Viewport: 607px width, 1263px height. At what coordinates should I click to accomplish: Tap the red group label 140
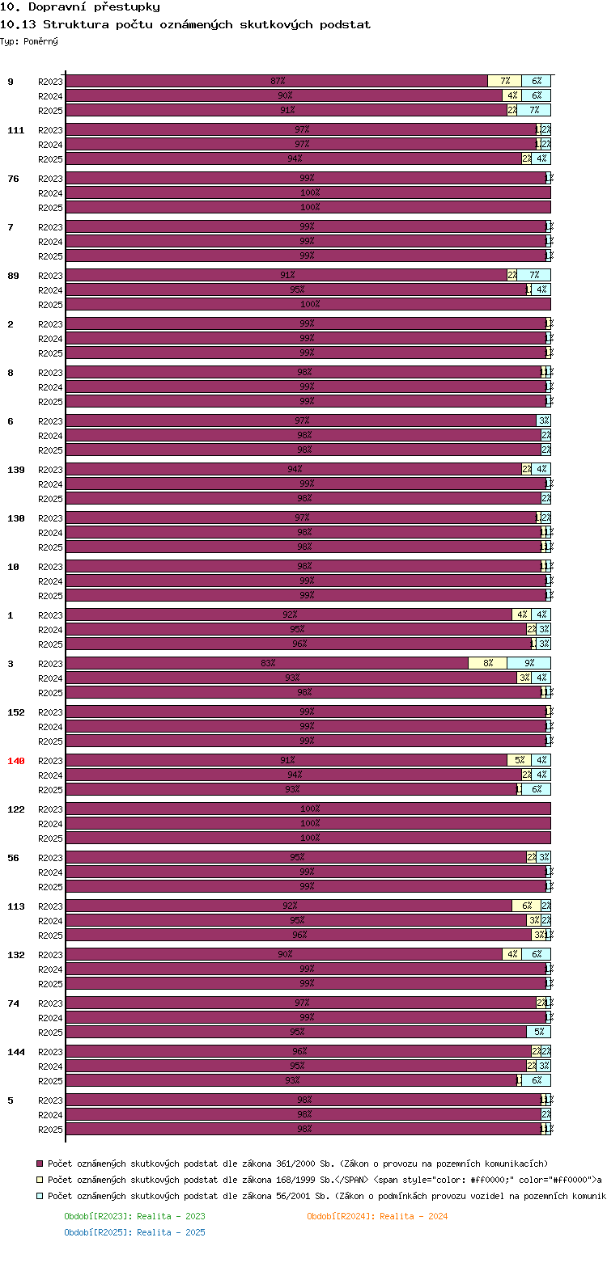(16, 761)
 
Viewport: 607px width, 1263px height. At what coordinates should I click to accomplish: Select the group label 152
(16, 712)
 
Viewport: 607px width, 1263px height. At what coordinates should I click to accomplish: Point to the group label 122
(16, 809)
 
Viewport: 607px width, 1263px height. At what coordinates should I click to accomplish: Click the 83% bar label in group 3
(268, 664)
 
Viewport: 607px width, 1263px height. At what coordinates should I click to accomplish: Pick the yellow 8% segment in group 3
(488, 664)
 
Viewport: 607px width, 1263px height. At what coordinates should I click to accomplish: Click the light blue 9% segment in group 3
(529, 664)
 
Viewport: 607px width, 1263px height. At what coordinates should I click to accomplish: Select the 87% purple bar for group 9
(277, 81)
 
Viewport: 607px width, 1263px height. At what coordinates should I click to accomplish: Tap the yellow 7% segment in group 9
(505, 81)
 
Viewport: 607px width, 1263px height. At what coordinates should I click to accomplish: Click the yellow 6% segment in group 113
(527, 906)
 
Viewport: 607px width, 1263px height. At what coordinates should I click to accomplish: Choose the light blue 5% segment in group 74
(539, 1032)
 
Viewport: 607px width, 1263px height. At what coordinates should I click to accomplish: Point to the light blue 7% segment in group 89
(534, 275)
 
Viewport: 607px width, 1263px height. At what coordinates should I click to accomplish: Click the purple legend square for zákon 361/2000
(40, 1163)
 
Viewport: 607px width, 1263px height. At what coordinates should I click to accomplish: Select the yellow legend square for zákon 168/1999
(40, 1179)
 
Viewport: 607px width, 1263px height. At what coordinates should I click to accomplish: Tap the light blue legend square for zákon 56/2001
(40, 1195)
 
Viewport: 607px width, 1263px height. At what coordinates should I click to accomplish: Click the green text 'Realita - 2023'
(171, 1216)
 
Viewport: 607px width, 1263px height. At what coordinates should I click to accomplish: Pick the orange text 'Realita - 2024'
(414, 1216)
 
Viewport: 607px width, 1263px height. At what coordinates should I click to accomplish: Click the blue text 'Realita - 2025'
(171, 1232)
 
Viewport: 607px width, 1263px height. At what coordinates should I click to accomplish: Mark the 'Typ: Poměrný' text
(29, 41)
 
